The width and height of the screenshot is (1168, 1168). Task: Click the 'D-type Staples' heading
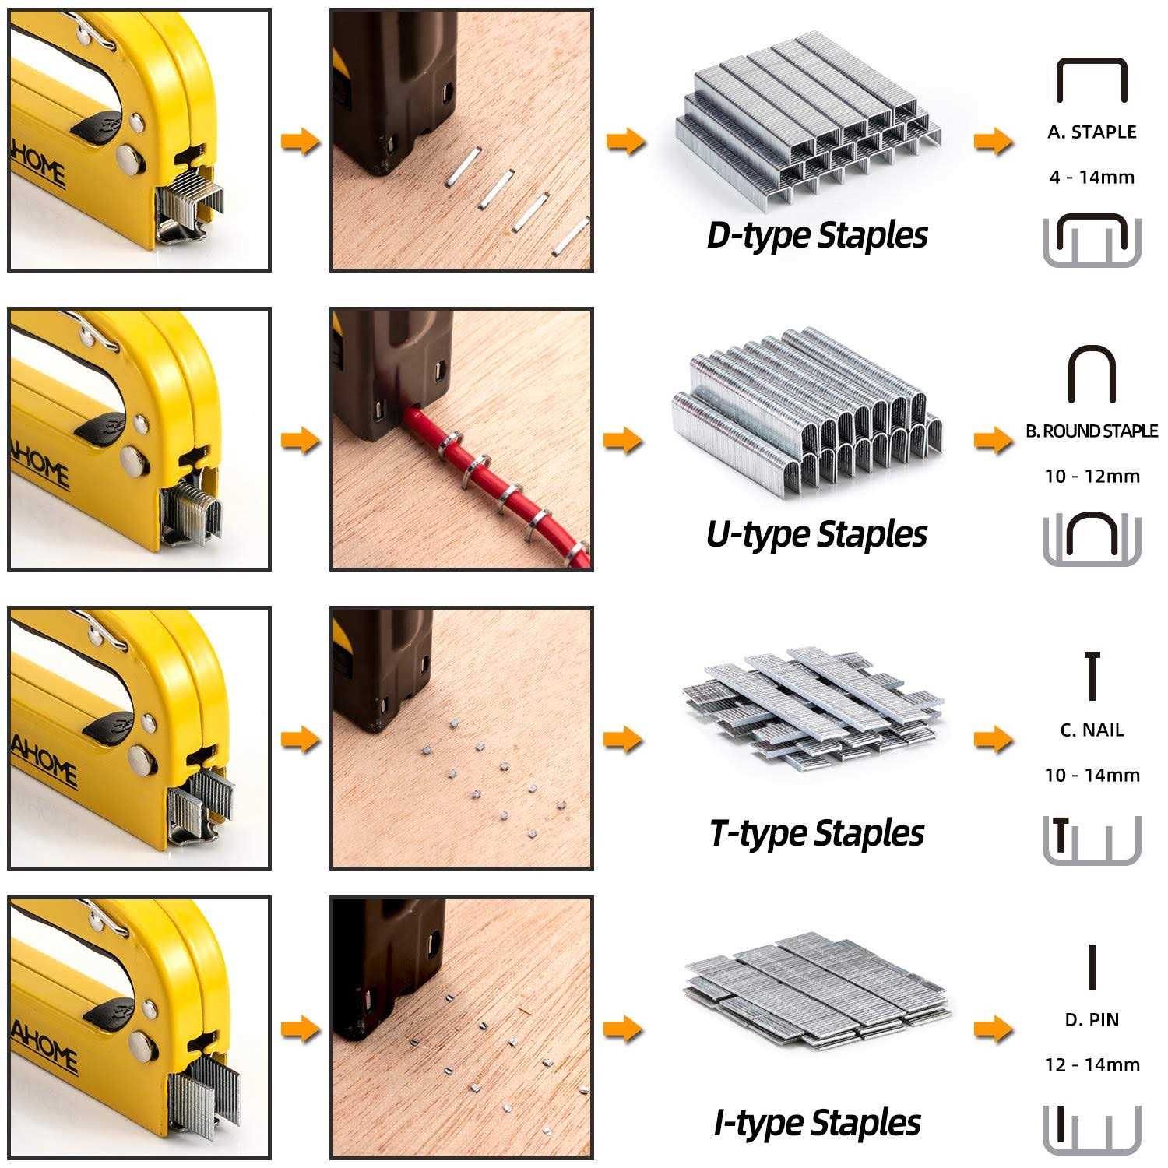[816, 235]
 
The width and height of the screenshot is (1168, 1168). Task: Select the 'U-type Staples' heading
[816, 534]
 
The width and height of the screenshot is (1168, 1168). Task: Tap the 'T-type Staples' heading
[816, 833]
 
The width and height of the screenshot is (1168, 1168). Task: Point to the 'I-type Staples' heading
[816, 1123]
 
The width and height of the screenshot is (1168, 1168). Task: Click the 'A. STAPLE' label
[1092, 132]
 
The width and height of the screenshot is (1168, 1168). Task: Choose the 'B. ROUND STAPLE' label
[1092, 431]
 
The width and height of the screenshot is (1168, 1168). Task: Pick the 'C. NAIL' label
[1092, 730]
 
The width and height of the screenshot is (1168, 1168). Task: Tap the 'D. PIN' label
[1092, 1020]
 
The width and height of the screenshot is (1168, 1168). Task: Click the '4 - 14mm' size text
[1092, 178]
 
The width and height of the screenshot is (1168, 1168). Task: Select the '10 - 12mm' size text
[1092, 477]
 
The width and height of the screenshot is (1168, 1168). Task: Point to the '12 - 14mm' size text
[1092, 1065]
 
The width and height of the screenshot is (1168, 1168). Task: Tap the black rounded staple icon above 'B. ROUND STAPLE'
[1092, 375]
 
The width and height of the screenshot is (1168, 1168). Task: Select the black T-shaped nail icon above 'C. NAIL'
[1092, 676]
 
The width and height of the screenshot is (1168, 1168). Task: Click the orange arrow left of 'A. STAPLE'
[994, 142]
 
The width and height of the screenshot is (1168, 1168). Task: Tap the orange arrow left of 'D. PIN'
[994, 1029]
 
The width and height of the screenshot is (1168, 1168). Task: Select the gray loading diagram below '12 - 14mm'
[1092, 1129]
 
